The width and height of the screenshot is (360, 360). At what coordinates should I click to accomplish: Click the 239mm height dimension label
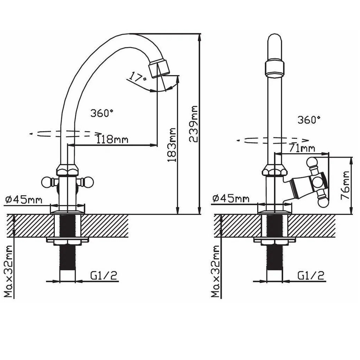pos(193,124)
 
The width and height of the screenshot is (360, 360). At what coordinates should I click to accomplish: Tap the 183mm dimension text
pos(172,145)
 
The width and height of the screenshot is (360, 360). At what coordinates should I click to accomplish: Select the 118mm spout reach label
pos(112,139)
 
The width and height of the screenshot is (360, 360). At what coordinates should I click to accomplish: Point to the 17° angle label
pos(137,77)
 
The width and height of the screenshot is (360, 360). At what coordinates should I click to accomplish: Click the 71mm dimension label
pos(302,148)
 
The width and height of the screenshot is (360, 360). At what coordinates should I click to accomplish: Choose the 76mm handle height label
pos(345,186)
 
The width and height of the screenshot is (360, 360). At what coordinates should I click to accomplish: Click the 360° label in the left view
pos(102,113)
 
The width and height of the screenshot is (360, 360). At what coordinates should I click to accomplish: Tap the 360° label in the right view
pos(309,120)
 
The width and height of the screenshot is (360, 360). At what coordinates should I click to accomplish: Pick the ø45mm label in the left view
pos(24,200)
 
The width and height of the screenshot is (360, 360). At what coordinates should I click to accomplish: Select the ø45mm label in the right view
pos(231,198)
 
